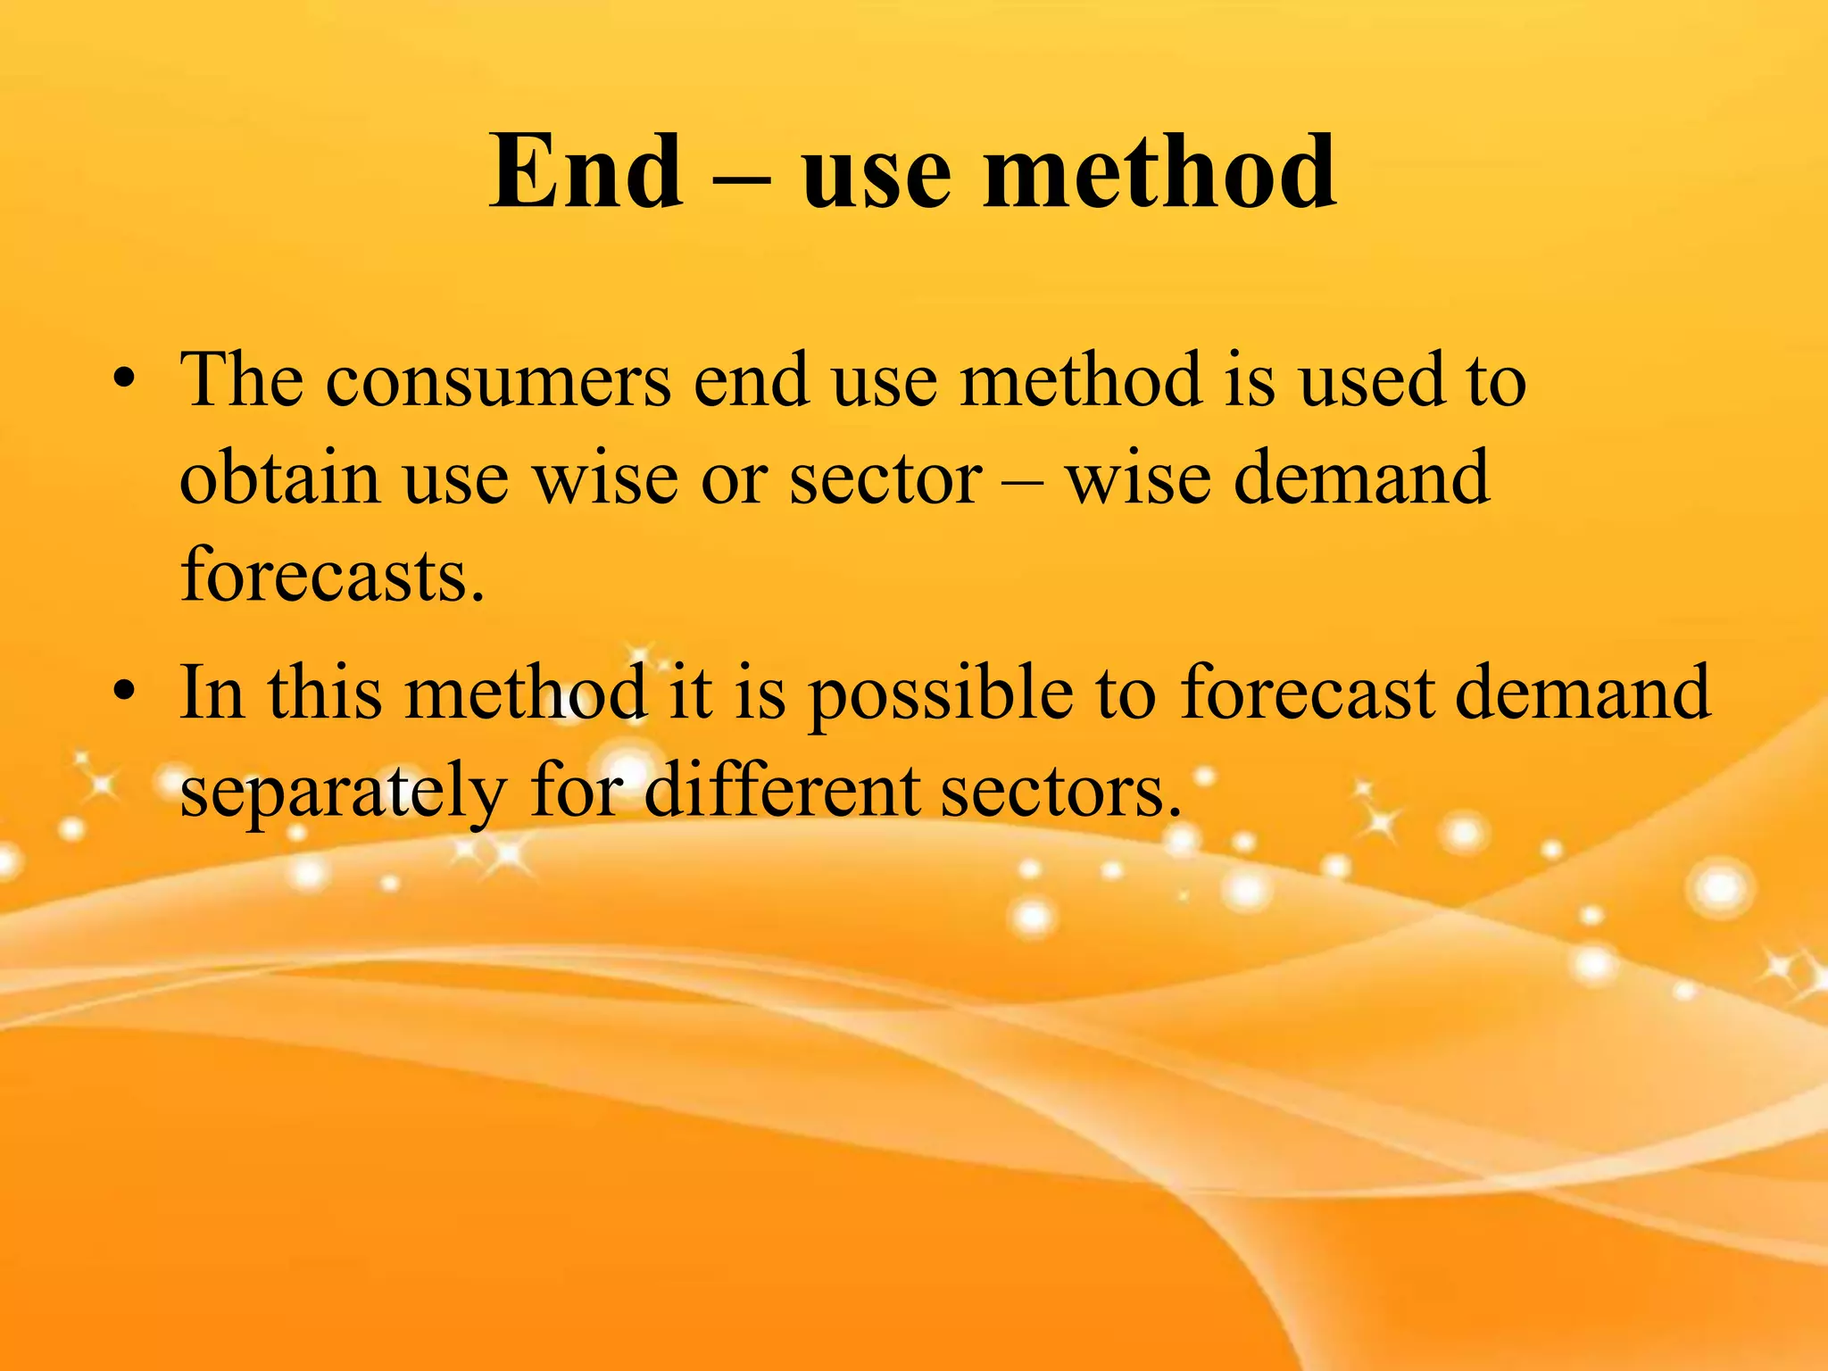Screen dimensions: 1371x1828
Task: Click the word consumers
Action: pos(498,382)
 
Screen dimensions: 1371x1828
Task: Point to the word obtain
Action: pos(280,478)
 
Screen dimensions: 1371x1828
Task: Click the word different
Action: pos(782,792)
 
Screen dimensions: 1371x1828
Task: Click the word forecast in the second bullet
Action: pos(1307,693)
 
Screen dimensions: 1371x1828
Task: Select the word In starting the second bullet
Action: pos(212,693)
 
